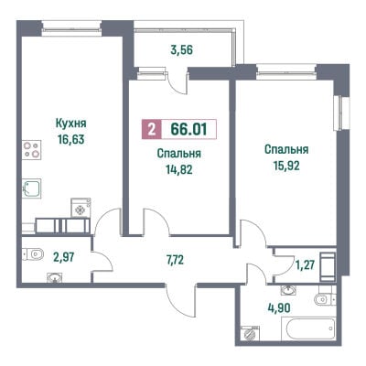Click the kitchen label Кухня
coord(70,124)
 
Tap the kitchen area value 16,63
coord(70,140)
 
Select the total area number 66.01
coord(189,129)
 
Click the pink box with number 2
coord(151,129)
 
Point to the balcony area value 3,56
coord(182,49)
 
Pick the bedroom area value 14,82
coord(179,169)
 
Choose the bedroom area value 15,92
coord(286,166)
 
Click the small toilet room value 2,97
coord(64,258)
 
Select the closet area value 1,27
coord(305,265)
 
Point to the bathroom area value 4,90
coord(277,308)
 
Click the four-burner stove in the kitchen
coord(31,149)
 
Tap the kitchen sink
coord(31,188)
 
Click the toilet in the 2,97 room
coord(33,254)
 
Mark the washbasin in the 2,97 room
coord(55,277)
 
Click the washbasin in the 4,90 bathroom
coord(288,290)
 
